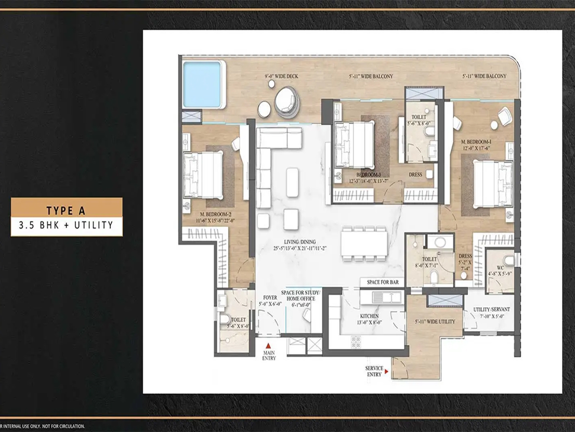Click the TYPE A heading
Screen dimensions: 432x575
(x=66, y=210)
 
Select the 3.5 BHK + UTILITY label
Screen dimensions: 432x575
(x=66, y=226)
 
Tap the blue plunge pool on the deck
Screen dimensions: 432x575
(x=203, y=84)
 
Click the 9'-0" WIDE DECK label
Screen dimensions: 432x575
(x=281, y=76)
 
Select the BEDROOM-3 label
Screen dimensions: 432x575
(x=370, y=175)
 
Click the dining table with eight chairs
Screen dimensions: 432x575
(x=364, y=242)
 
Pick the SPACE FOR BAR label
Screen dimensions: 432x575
(x=382, y=282)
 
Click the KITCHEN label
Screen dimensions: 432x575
(x=369, y=316)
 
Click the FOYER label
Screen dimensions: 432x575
(x=270, y=298)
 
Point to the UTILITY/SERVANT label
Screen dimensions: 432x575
(x=491, y=309)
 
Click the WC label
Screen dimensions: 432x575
(x=501, y=268)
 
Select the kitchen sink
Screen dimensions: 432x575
(x=386, y=297)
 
